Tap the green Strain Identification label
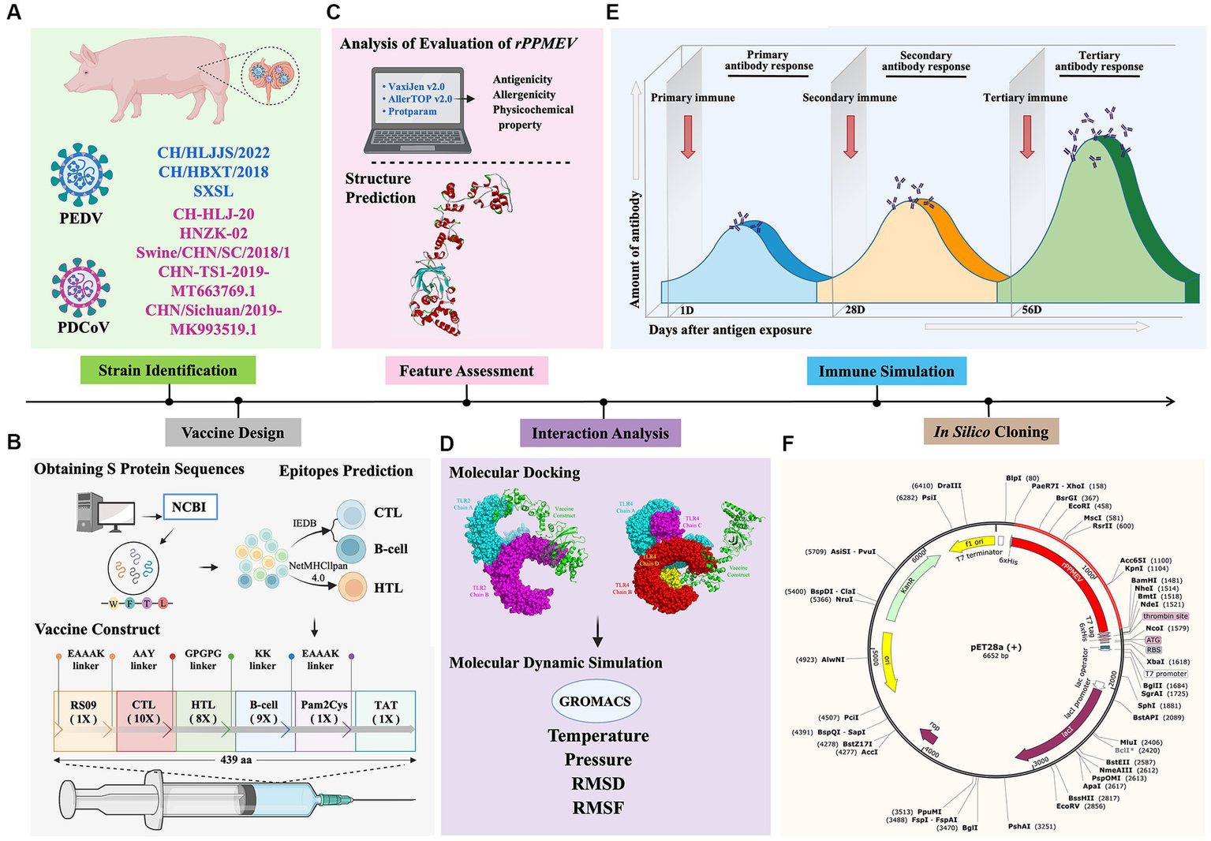pyautogui.click(x=168, y=370)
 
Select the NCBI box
pyautogui.click(x=189, y=507)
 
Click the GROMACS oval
pyautogui.click(x=595, y=701)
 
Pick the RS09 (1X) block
pyautogui.click(x=84, y=712)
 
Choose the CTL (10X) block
pyautogui.click(x=144, y=712)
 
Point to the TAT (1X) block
pyautogui.click(x=386, y=712)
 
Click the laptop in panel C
pyautogui.click(x=418, y=110)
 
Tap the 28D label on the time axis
pyautogui.click(x=854, y=310)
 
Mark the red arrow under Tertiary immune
pyautogui.click(x=1026, y=136)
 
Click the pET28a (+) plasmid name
pyautogui.click(x=996, y=647)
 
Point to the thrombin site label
pyautogui.click(x=1165, y=616)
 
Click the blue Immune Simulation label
pyautogui.click(x=886, y=371)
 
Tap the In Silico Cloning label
pyautogui.click(x=991, y=432)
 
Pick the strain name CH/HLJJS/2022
pyautogui.click(x=213, y=153)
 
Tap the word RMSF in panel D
pyautogui.click(x=598, y=808)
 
